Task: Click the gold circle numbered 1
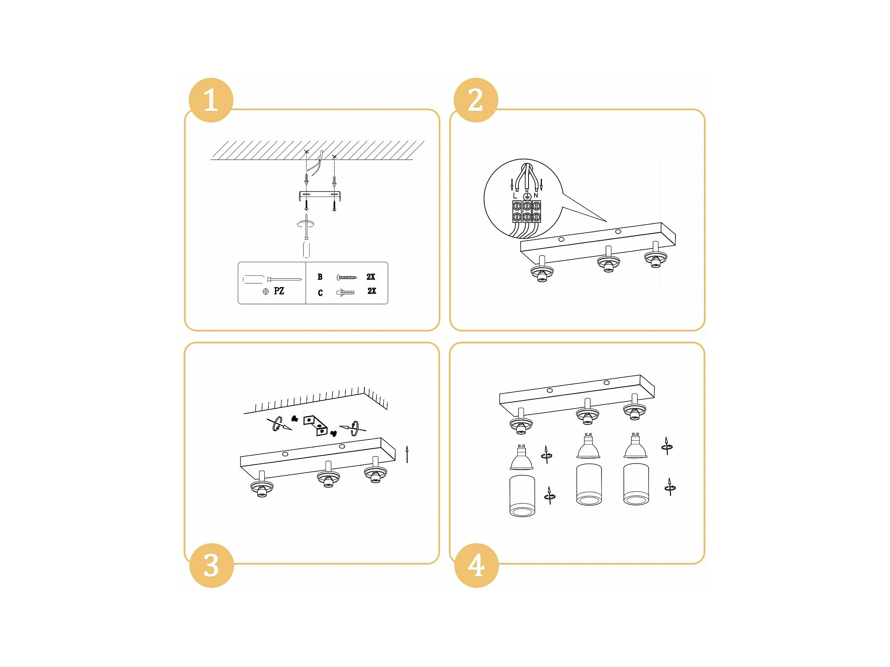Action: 211,100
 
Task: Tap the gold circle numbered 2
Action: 475,100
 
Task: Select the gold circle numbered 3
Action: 211,565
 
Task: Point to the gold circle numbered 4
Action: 476,565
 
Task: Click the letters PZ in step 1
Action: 279,291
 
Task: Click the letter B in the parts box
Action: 320,277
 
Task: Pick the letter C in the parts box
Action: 320,293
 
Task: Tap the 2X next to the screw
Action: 370,277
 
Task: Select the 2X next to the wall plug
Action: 372,291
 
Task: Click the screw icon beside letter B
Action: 347,277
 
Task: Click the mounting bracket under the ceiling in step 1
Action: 320,196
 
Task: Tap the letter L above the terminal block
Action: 515,196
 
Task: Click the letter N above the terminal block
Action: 536,195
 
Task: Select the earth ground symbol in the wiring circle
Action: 526,196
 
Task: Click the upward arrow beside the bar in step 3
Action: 407,454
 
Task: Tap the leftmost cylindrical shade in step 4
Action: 522,495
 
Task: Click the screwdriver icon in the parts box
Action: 272,279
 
